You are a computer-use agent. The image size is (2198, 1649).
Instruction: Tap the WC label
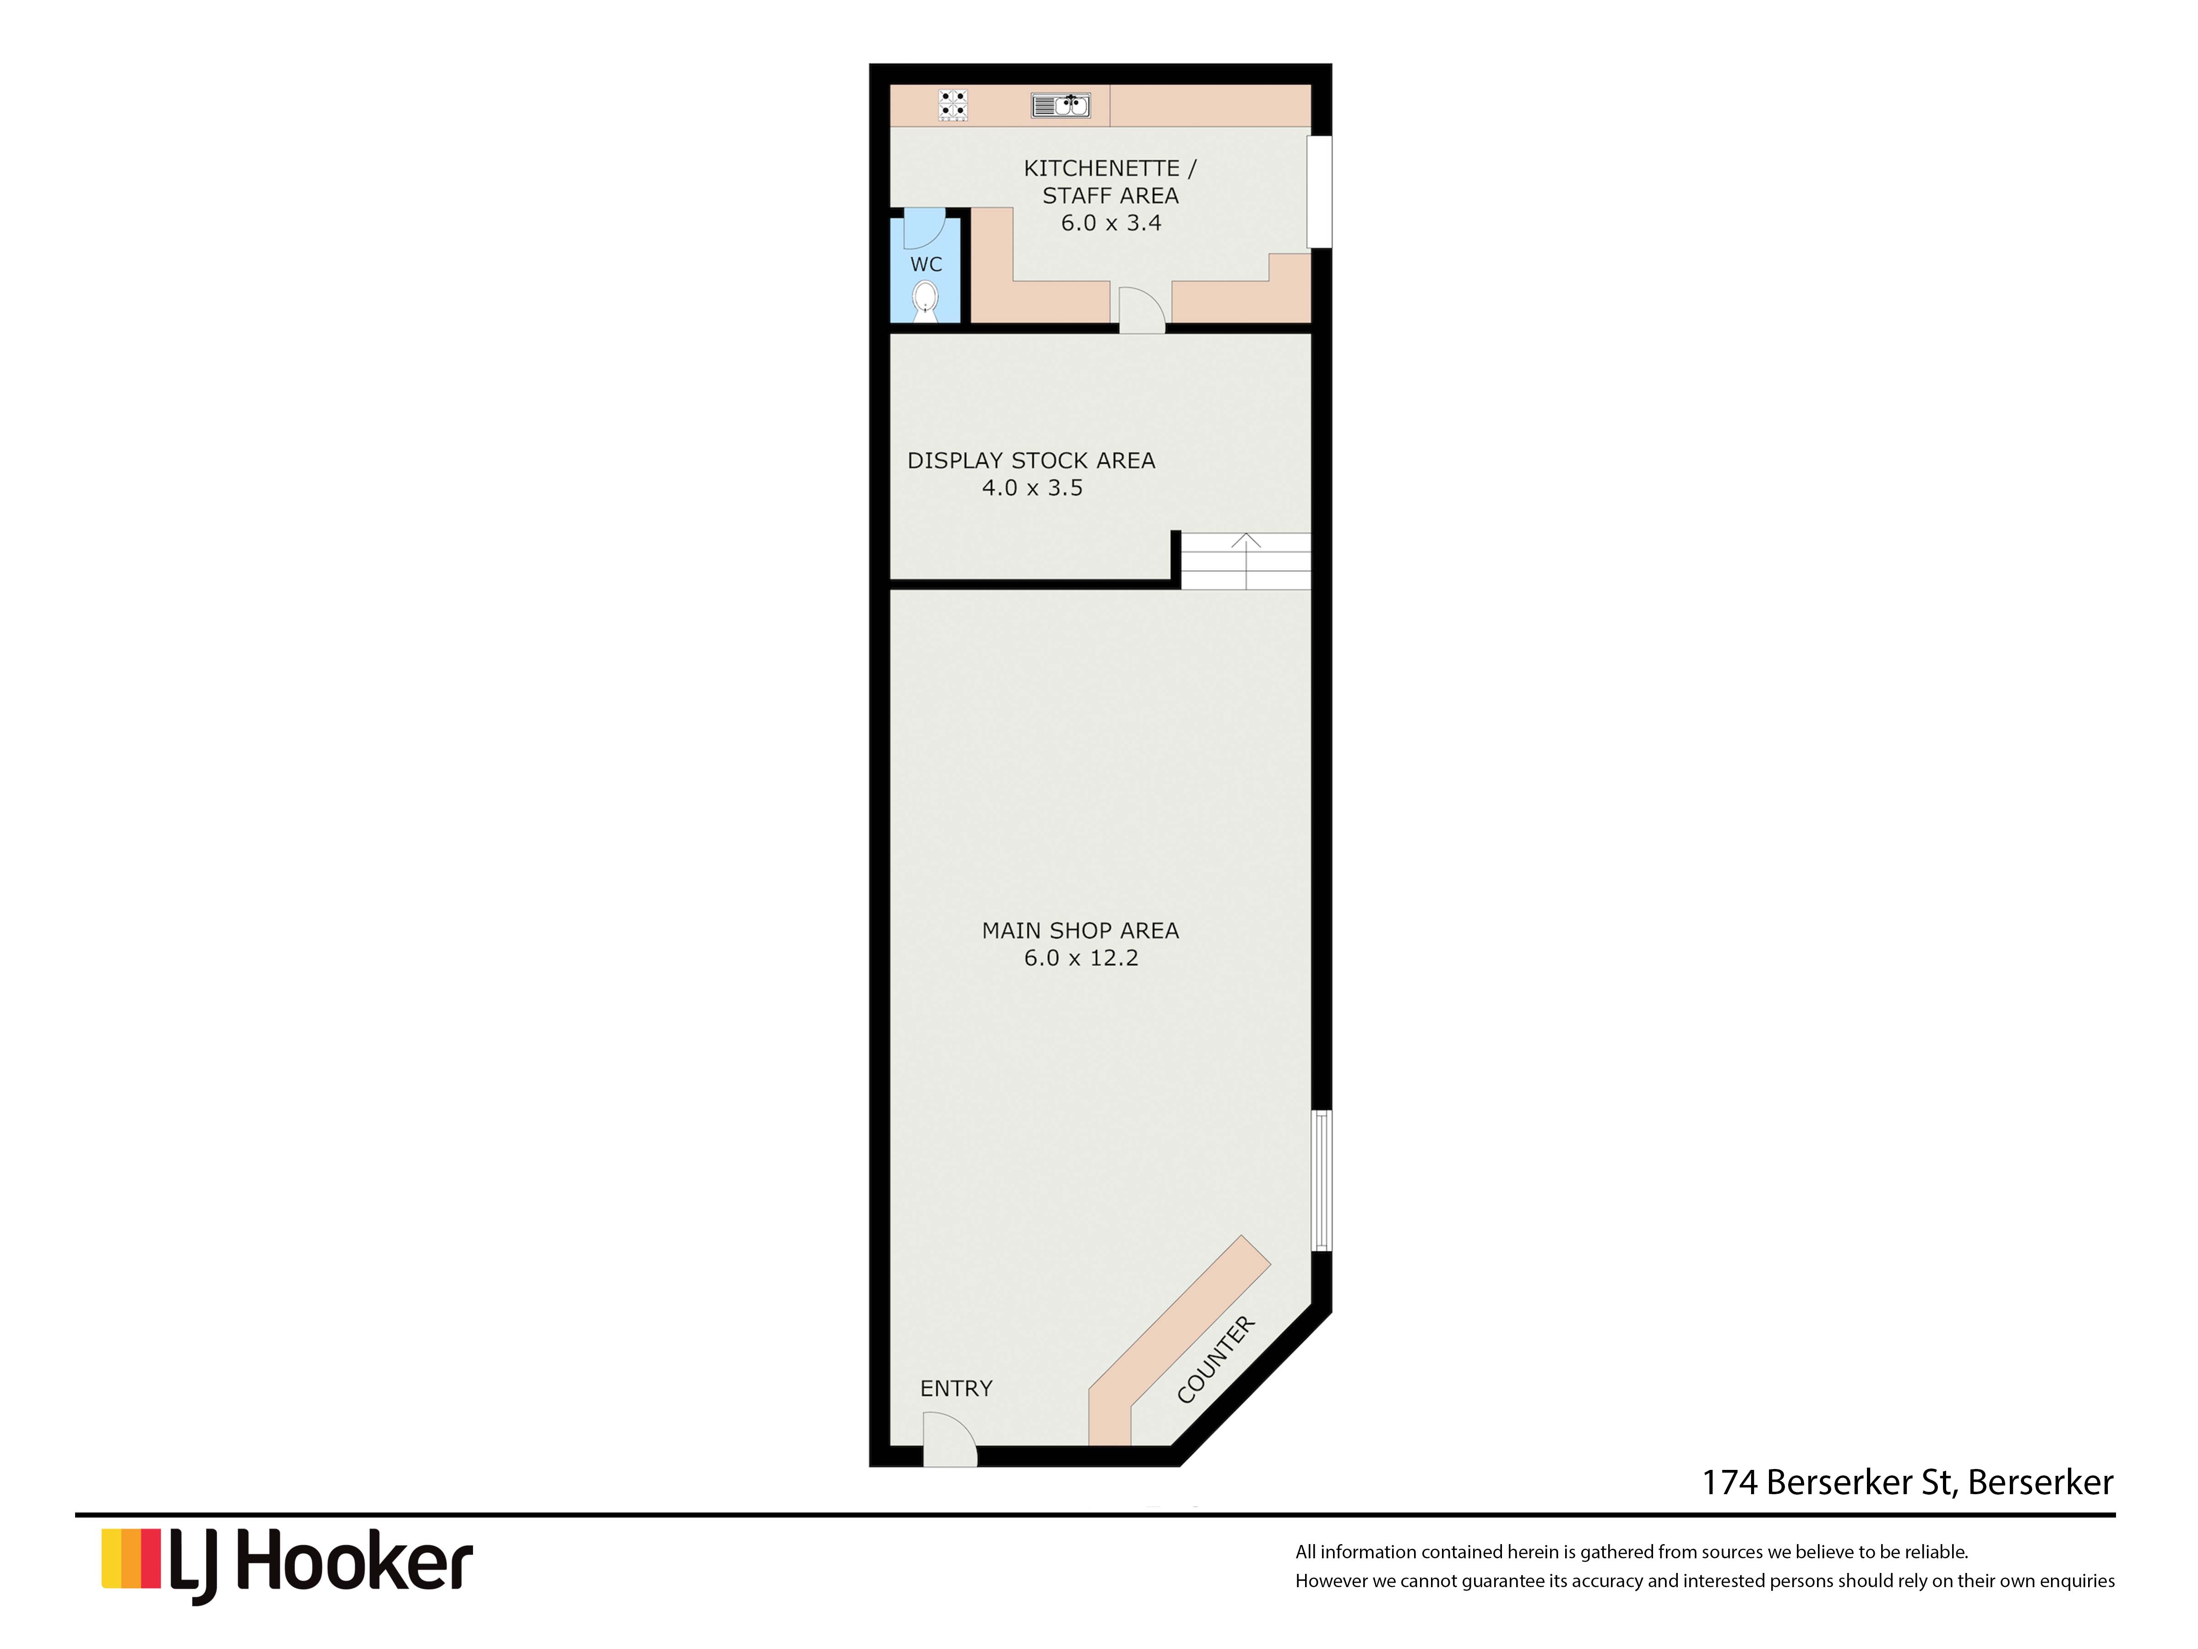[926, 264]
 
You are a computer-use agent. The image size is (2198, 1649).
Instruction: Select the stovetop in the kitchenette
[953, 105]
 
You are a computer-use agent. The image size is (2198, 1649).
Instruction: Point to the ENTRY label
[956, 1388]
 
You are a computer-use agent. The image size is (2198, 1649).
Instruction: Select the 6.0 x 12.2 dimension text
[1081, 958]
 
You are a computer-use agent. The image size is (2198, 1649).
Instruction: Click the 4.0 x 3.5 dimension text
[1033, 488]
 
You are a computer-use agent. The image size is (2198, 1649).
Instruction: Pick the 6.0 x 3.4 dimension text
[1111, 223]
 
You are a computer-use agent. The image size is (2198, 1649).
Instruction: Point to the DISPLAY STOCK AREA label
[1031, 460]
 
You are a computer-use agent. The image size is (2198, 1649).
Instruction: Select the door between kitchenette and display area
[1142, 309]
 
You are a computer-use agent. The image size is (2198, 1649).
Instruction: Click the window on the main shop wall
[1322, 1180]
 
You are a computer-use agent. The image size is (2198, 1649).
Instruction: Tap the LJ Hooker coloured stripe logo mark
[131, 1559]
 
